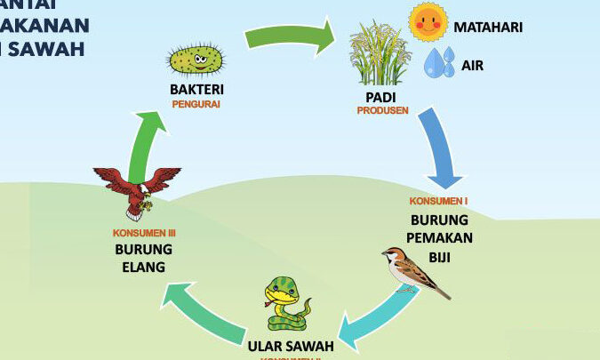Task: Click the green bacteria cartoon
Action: [x=195, y=60]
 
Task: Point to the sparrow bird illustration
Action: [x=413, y=272]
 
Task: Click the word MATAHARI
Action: [x=488, y=27]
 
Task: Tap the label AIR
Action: [x=472, y=65]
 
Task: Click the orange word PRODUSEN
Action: [x=382, y=111]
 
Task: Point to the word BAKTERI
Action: [x=196, y=89]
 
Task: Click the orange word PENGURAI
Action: [x=196, y=104]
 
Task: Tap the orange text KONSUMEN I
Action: [x=438, y=201]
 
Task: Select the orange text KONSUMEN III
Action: [x=144, y=233]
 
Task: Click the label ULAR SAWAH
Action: [x=290, y=346]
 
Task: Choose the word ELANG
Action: [x=144, y=266]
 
